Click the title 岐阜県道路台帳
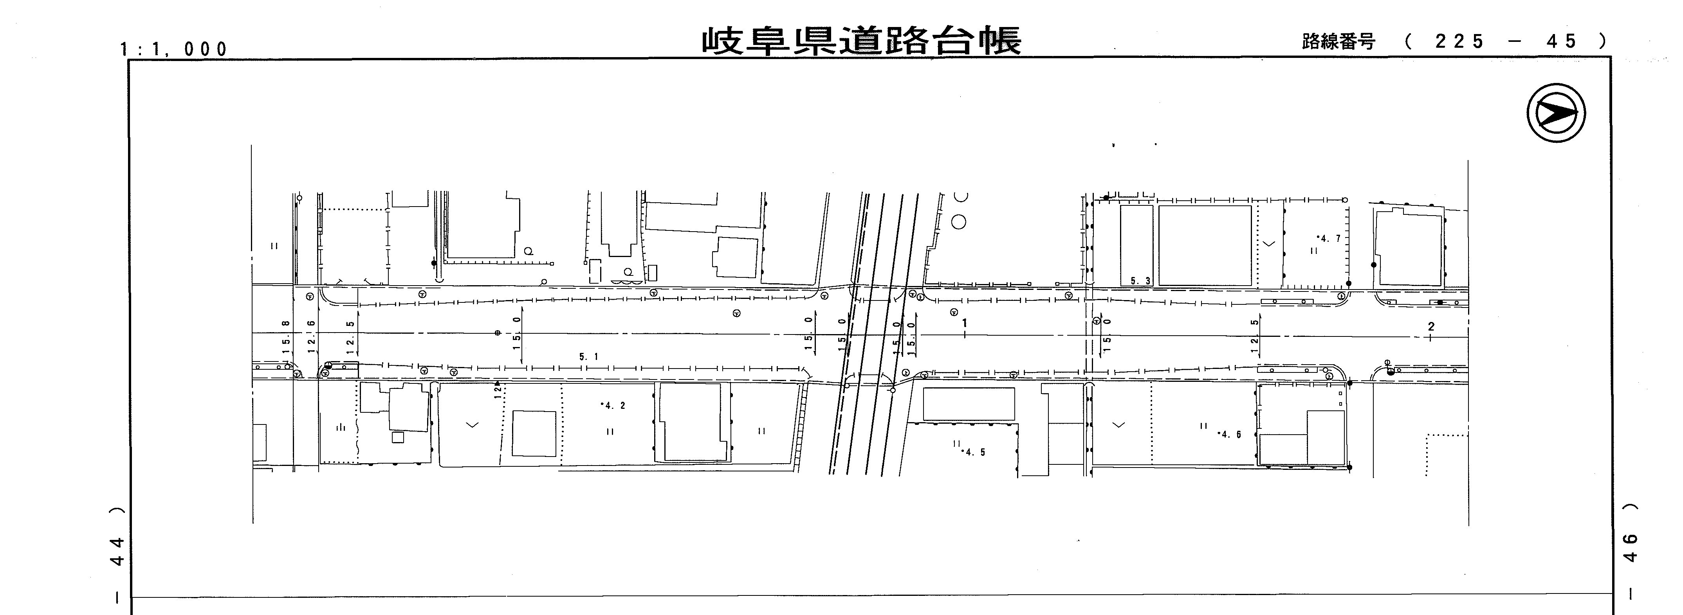(x=861, y=40)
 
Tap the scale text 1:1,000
(x=174, y=49)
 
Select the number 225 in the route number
(x=1459, y=42)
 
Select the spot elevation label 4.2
(x=613, y=405)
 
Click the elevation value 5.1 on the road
(x=588, y=356)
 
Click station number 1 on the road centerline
(x=964, y=323)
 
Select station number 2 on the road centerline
(x=1431, y=326)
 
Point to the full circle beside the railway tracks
(x=958, y=222)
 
